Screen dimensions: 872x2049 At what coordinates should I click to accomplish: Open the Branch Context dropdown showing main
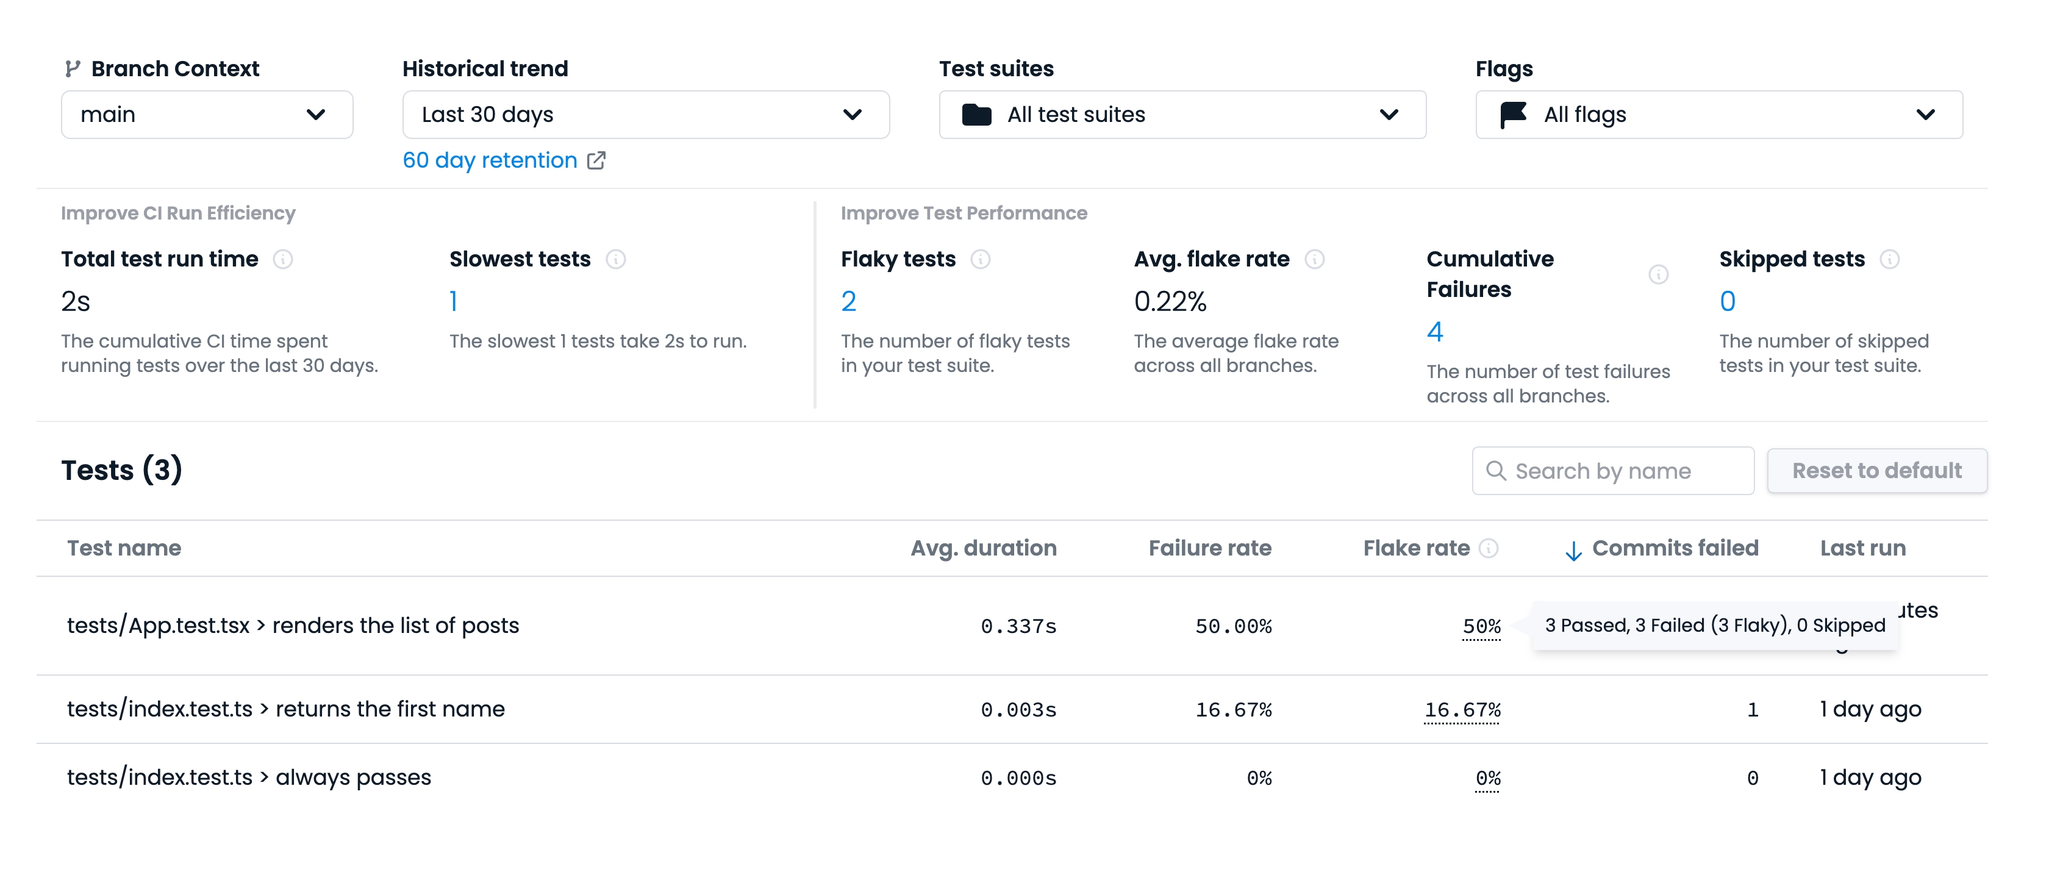[x=207, y=115]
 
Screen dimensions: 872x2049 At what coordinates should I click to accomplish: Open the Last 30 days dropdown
[x=645, y=115]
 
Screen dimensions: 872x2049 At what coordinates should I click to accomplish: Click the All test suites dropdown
[x=1181, y=115]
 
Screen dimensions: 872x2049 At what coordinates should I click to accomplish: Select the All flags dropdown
[x=1718, y=115]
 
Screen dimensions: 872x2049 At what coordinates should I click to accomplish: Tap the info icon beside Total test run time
[x=282, y=259]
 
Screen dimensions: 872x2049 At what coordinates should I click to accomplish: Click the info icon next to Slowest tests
[x=616, y=259]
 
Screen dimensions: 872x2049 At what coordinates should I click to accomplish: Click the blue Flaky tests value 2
[x=849, y=301]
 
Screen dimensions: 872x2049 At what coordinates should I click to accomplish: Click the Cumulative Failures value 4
[x=1434, y=332]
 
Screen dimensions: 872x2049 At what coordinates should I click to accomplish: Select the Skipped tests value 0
[x=1727, y=301]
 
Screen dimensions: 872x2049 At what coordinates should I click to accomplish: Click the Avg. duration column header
[x=983, y=548]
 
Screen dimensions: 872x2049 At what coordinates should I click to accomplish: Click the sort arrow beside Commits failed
[x=1573, y=551]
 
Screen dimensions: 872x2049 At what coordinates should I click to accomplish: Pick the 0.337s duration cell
[x=1018, y=627]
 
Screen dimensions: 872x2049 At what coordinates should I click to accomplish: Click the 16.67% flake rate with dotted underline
[x=1462, y=710]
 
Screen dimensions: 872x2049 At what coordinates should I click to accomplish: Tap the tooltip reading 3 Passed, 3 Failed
[x=1714, y=626]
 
